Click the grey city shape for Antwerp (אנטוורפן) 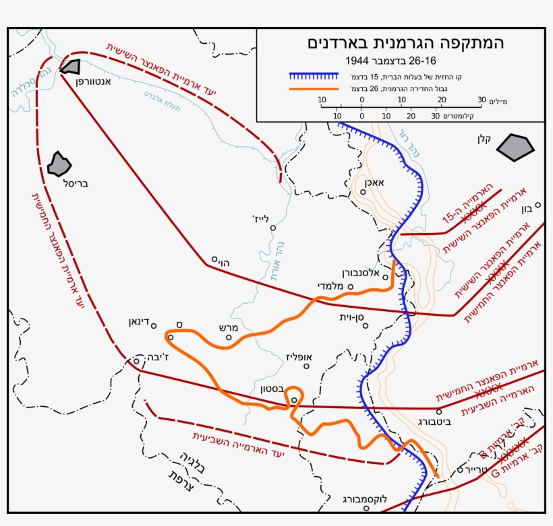click(x=70, y=66)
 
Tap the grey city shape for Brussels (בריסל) click(x=59, y=163)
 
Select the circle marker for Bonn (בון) click(x=537, y=205)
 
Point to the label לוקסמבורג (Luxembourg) click(x=365, y=499)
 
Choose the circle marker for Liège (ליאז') click(x=273, y=228)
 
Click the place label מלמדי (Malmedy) click(x=331, y=286)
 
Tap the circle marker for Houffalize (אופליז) click(x=306, y=366)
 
